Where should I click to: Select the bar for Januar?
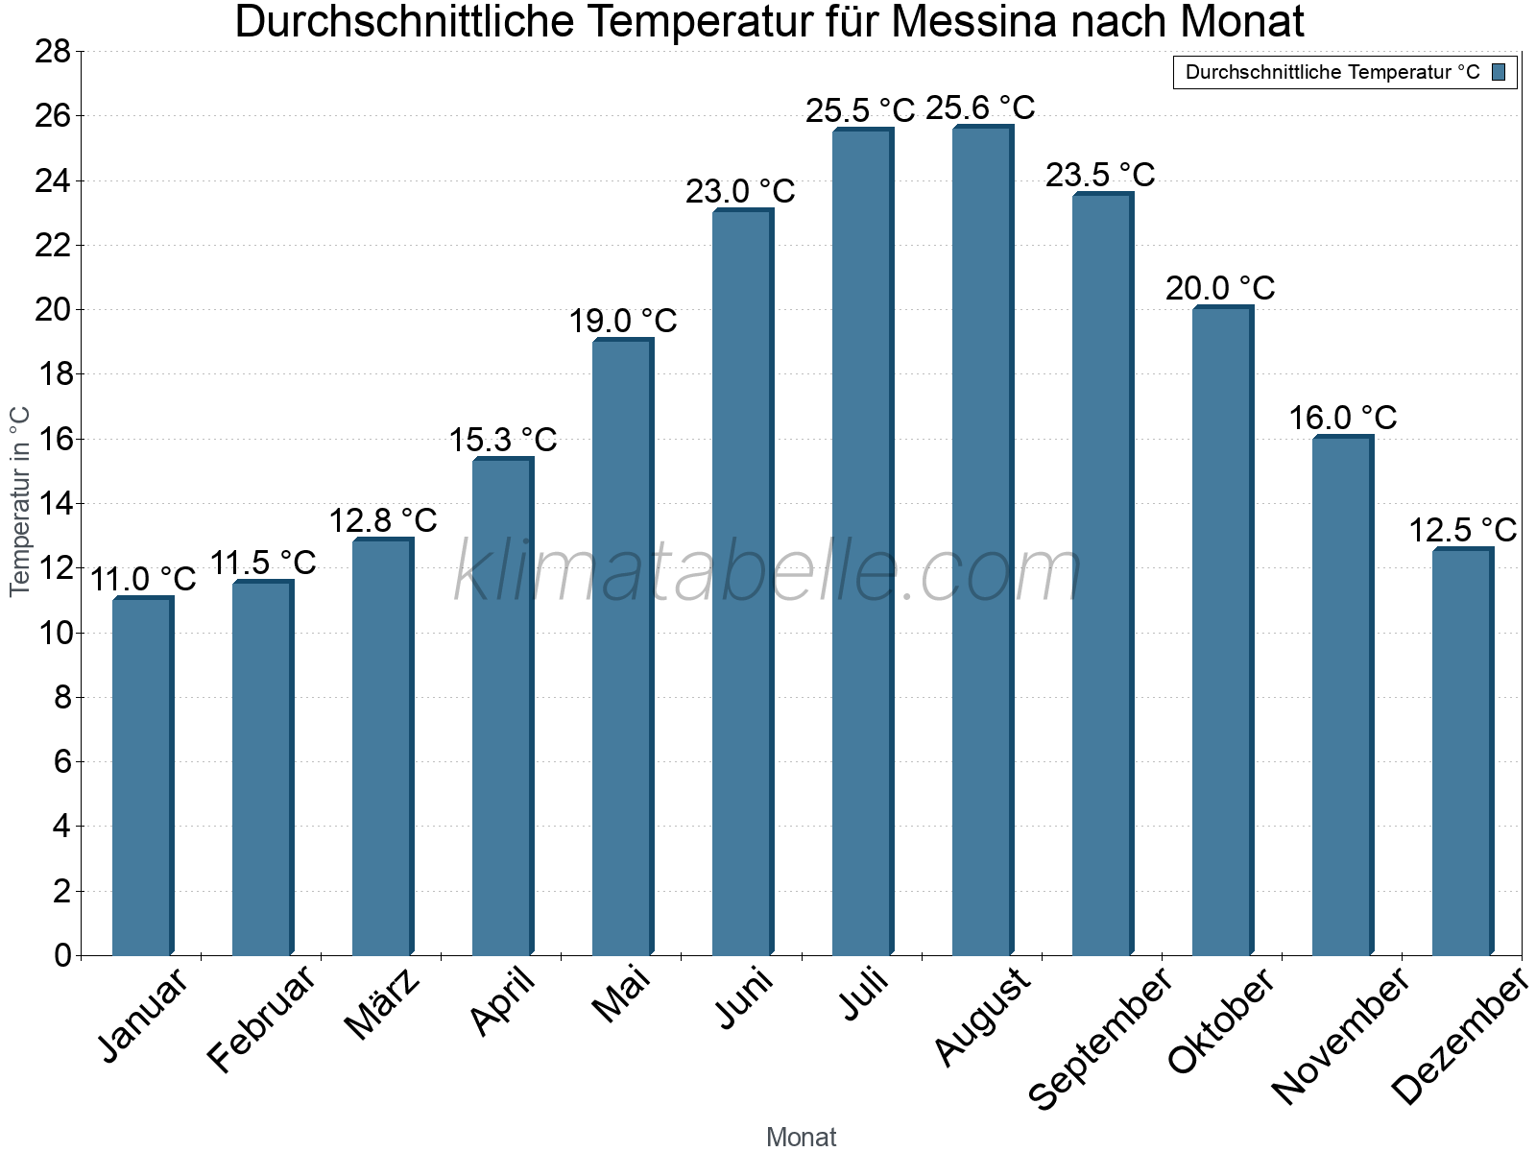coord(142,778)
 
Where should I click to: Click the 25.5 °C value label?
coord(860,111)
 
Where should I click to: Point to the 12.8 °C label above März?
coord(383,521)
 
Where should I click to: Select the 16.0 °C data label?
coord(1342,419)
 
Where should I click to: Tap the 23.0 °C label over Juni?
coord(740,192)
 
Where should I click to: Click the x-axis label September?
coord(1100,1037)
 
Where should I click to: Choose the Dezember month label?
coord(1459,1037)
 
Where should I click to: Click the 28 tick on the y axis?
coord(54,52)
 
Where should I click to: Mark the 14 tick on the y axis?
coord(54,504)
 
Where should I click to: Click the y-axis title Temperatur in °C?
coord(20,501)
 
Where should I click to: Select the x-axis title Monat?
coord(801,1138)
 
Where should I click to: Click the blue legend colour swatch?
coord(1499,72)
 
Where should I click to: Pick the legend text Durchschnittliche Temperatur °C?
coord(1332,73)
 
